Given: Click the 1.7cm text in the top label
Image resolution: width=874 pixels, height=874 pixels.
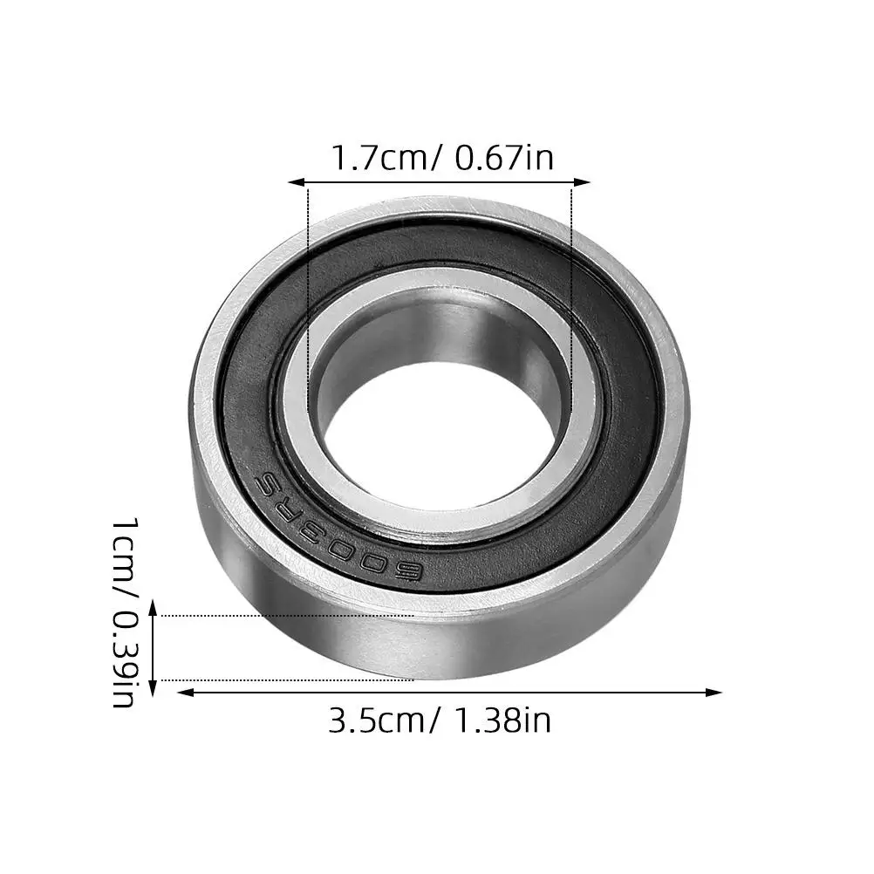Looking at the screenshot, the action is (x=383, y=158).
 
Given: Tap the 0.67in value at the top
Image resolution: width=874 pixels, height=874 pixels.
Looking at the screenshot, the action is (x=504, y=158).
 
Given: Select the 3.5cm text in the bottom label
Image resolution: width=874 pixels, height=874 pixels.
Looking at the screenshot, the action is (x=379, y=720).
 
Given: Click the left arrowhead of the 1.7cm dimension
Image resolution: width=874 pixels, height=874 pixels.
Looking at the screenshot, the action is (x=296, y=181).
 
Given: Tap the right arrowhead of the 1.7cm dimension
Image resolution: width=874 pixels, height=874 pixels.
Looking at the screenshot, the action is (x=582, y=181).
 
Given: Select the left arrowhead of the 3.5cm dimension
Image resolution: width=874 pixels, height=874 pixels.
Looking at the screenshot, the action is (x=185, y=693).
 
